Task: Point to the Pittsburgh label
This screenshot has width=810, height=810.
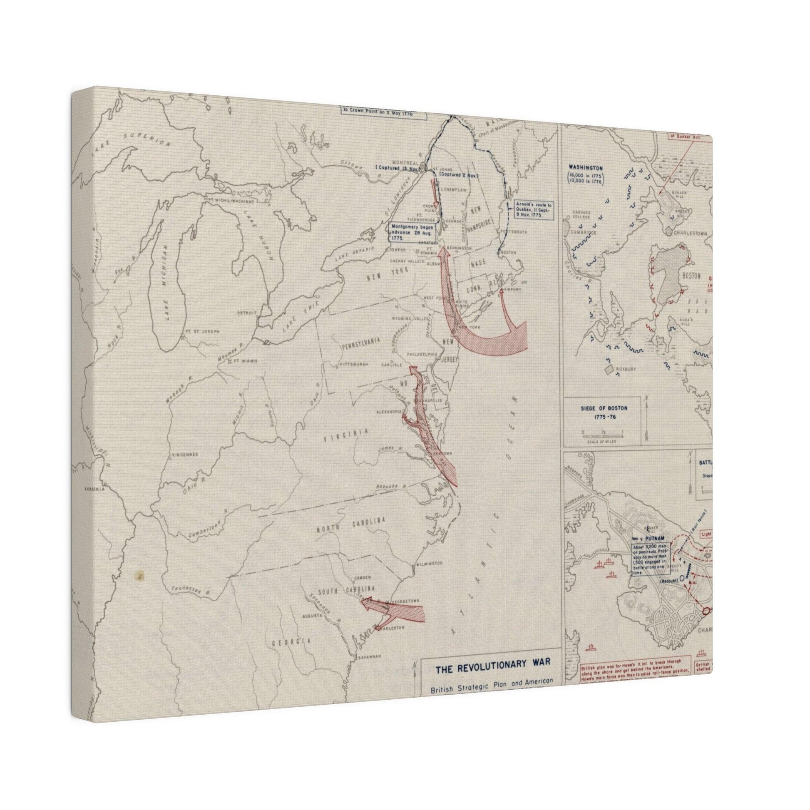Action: click(x=354, y=364)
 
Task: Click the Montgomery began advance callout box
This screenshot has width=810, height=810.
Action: click(x=412, y=231)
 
